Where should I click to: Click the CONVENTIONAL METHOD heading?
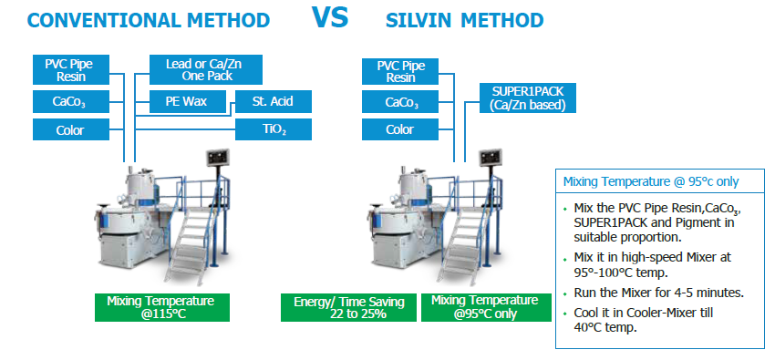149,20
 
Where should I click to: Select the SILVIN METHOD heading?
464,20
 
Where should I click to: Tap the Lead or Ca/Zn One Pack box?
206,69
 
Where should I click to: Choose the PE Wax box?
188,102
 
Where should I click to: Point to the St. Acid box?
274,102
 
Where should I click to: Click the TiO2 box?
274,129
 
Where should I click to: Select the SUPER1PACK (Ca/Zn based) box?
528,98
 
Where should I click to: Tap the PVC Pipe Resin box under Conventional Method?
71,69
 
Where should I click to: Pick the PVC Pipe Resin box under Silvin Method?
400,72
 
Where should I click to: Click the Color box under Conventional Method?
71,130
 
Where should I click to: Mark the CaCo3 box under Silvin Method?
400,102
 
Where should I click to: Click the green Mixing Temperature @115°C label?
162,308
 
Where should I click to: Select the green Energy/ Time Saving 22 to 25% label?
349,308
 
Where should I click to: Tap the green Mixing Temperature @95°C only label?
486,308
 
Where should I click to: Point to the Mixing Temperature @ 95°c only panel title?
651,181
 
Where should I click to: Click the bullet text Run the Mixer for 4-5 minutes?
659,293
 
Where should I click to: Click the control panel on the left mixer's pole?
218,159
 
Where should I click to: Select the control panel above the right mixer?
491,158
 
